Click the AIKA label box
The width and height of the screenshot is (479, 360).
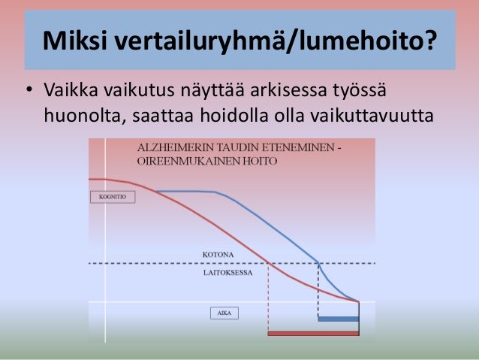pyautogui.click(x=223, y=313)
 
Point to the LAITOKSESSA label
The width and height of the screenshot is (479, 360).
pyautogui.click(x=227, y=273)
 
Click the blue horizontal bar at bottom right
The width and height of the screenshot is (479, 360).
pyautogui.click(x=338, y=319)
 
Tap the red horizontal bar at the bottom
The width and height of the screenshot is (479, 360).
pyautogui.click(x=313, y=333)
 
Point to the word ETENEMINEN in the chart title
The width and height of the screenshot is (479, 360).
pyautogui.click(x=304, y=147)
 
